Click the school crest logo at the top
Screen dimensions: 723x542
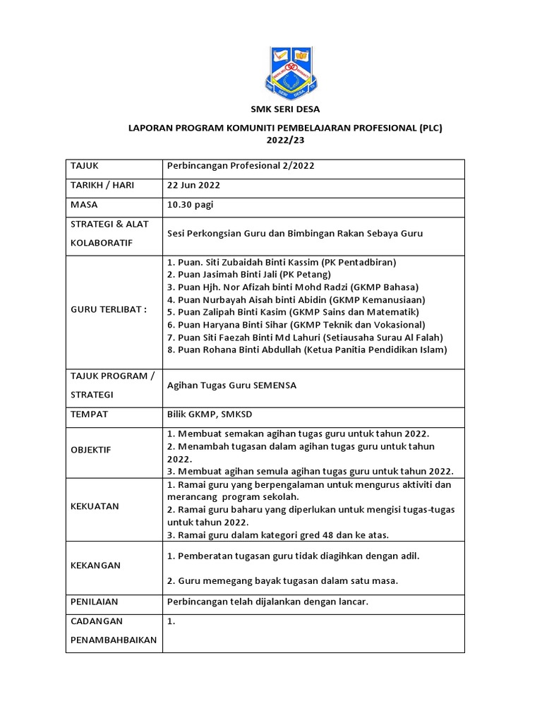click(286, 73)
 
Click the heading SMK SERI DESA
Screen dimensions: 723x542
click(286, 109)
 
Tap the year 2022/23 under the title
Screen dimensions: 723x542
click(286, 141)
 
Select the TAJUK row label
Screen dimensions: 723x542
click(85, 166)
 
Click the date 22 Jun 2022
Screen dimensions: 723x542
click(193, 186)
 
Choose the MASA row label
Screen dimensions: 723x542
click(84, 205)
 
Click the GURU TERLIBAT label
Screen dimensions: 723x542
click(108, 311)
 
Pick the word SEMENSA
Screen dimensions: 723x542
click(275, 386)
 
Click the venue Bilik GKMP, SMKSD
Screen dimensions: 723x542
click(207, 414)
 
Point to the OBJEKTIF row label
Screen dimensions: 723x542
click(90, 450)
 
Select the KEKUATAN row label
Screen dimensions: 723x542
click(94, 506)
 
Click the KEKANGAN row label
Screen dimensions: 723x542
click(95, 566)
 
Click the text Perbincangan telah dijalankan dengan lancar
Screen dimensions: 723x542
click(268, 602)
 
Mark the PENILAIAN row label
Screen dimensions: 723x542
click(94, 602)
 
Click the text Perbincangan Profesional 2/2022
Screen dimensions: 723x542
click(241, 166)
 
